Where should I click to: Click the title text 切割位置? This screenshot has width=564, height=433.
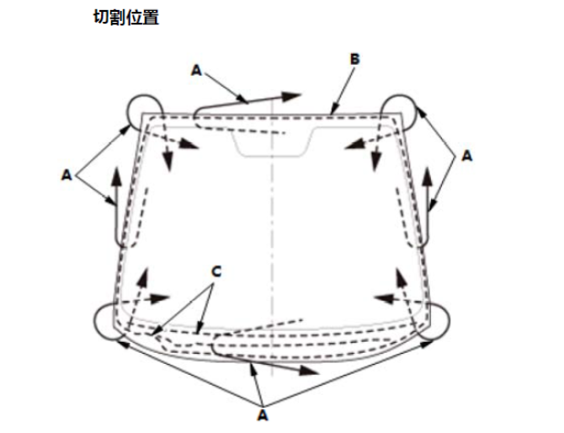click(x=125, y=18)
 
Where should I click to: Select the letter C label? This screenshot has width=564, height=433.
click(x=215, y=272)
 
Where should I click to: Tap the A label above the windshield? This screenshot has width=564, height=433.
click(x=197, y=72)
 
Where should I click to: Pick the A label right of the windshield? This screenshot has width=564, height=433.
click(x=468, y=156)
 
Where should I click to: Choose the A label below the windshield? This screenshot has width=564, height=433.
click(x=263, y=415)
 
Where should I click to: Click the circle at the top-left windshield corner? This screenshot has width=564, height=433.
click(x=141, y=110)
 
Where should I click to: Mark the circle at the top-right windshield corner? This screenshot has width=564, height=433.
click(x=399, y=110)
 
